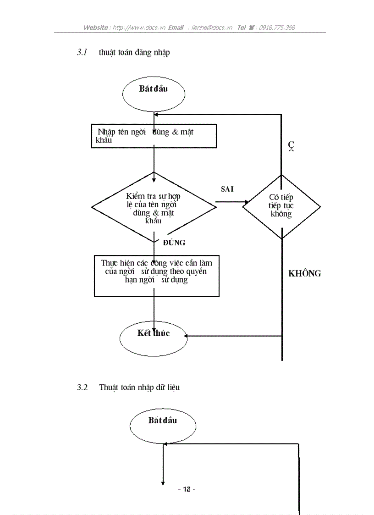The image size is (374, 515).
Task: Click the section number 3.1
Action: pyautogui.click(x=82, y=52)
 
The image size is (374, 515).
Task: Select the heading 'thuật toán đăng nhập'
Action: pyautogui.click(x=134, y=52)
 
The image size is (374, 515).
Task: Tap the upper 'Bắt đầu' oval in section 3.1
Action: pyautogui.click(x=154, y=94)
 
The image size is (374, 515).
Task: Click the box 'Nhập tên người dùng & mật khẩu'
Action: pyautogui.click(x=154, y=136)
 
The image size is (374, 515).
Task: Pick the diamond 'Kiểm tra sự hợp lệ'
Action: pyautogui.click(x=154, y=207)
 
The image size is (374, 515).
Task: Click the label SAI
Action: pyautogui.click(x=227, y=189)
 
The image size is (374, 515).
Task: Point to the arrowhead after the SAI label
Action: pyautogui.click(x=246, y=202)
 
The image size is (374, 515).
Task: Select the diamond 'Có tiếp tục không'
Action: pyautogui.click(x=281, y=206)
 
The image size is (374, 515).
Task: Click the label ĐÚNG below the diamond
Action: pyautogui.click(x=174, y=243)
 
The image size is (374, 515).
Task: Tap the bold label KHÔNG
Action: pyautogui.click(x=304, y=274)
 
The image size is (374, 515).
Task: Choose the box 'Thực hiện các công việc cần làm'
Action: pyautogui.click(x=156, y=276)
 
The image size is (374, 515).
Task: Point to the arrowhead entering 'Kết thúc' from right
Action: pyautogui.click(x=187, y=336)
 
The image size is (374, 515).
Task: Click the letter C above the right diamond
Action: pyautogui.click(x=291, y=145)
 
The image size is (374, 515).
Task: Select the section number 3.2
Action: pyautogui.click(x=82, y=388)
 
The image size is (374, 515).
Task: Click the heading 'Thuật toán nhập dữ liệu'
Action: pyautogui.click(x=139, y=388)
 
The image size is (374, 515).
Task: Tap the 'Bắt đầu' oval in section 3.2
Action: pyautogui.click(x=163, y=425)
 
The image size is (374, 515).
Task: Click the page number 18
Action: pyautogui.click(x=187, y=489)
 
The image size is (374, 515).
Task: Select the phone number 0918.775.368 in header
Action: pyautogui.click(x=277, y=28)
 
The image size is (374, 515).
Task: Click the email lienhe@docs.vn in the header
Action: pyautogui.click(x=213, y=28)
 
